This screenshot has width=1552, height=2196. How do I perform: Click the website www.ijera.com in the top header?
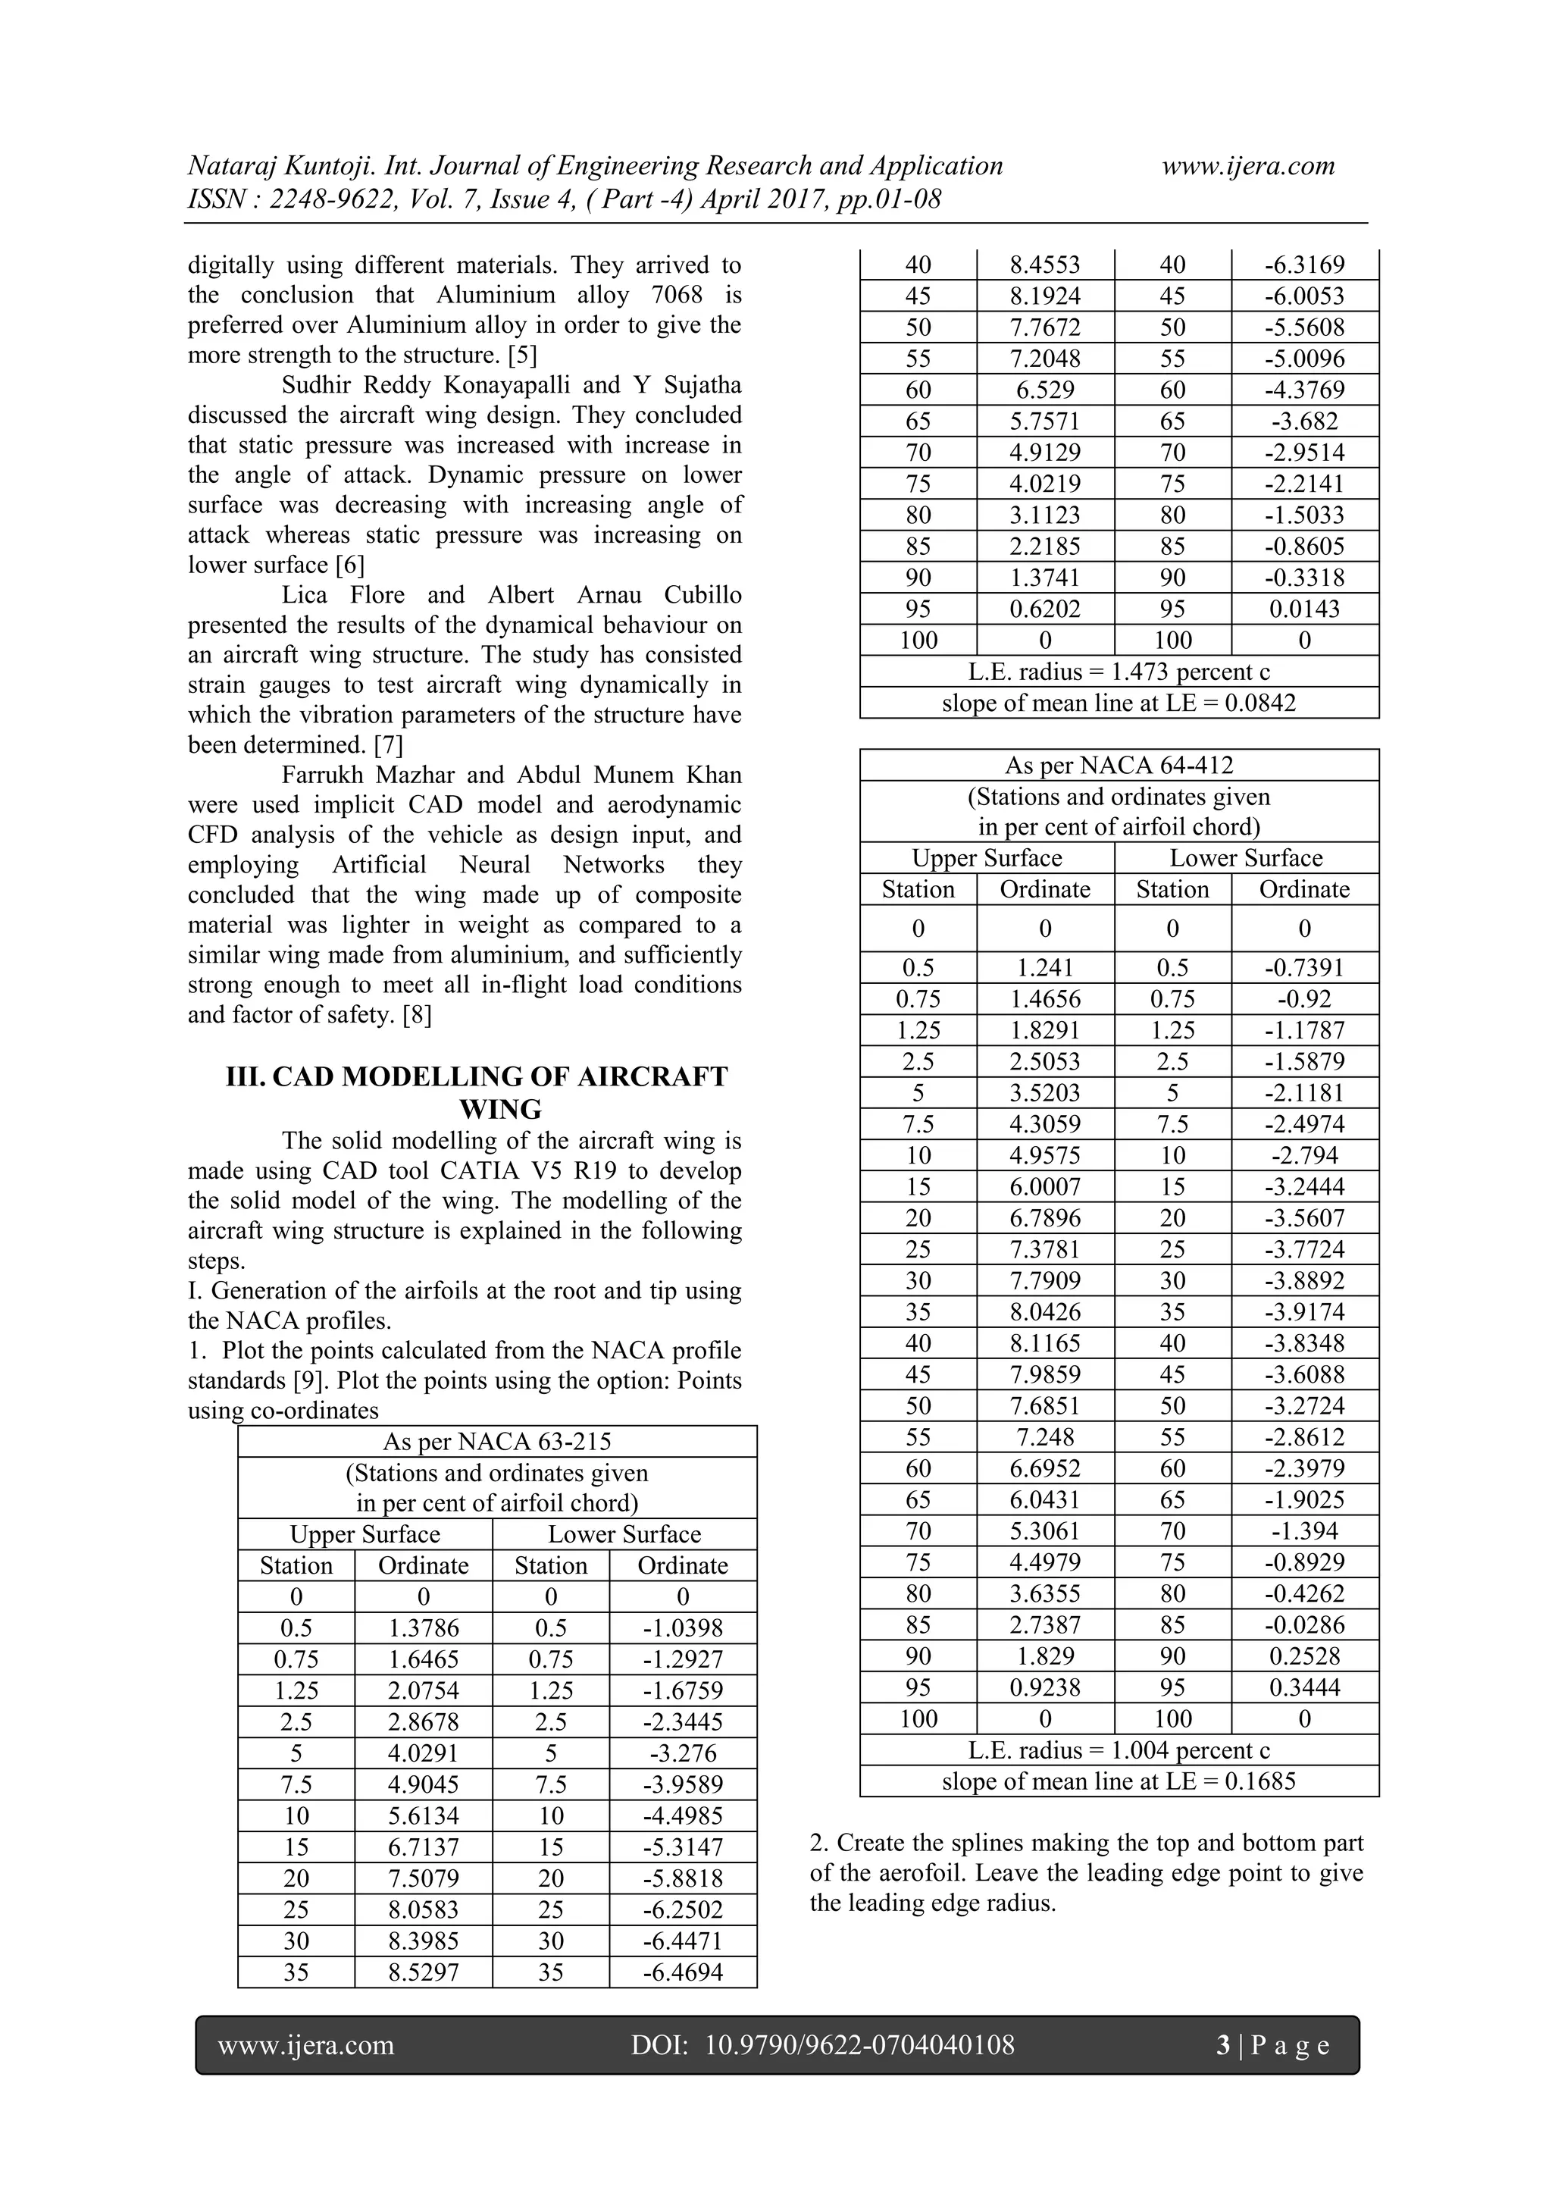[x=1248, y=167]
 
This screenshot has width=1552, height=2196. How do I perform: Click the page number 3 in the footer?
[x=1223, y=2046]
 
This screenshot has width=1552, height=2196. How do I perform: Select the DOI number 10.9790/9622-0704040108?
[x=859, y=2046]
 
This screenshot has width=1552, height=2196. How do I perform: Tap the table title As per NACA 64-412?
[x=1119, y=765]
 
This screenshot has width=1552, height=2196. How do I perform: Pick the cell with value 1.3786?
[x=423, y=1628]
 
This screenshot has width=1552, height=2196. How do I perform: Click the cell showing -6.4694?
[x=683, y=1972]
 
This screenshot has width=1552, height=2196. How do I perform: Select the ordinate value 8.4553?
[x=1045, y=265]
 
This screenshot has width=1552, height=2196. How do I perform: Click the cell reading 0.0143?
[x=1304, y=609]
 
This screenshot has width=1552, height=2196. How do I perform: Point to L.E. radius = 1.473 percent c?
[x=1119, y=672]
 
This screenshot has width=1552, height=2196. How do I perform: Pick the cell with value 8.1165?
[x=1045, y=1343]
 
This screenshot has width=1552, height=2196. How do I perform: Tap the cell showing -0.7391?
[x=1304, y=968]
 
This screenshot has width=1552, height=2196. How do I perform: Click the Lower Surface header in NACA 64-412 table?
[x=1246, y=858]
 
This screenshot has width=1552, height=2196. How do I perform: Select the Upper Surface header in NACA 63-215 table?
[x=365, y=1534]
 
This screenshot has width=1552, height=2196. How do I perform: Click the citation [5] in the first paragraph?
[x=522, y=355]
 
